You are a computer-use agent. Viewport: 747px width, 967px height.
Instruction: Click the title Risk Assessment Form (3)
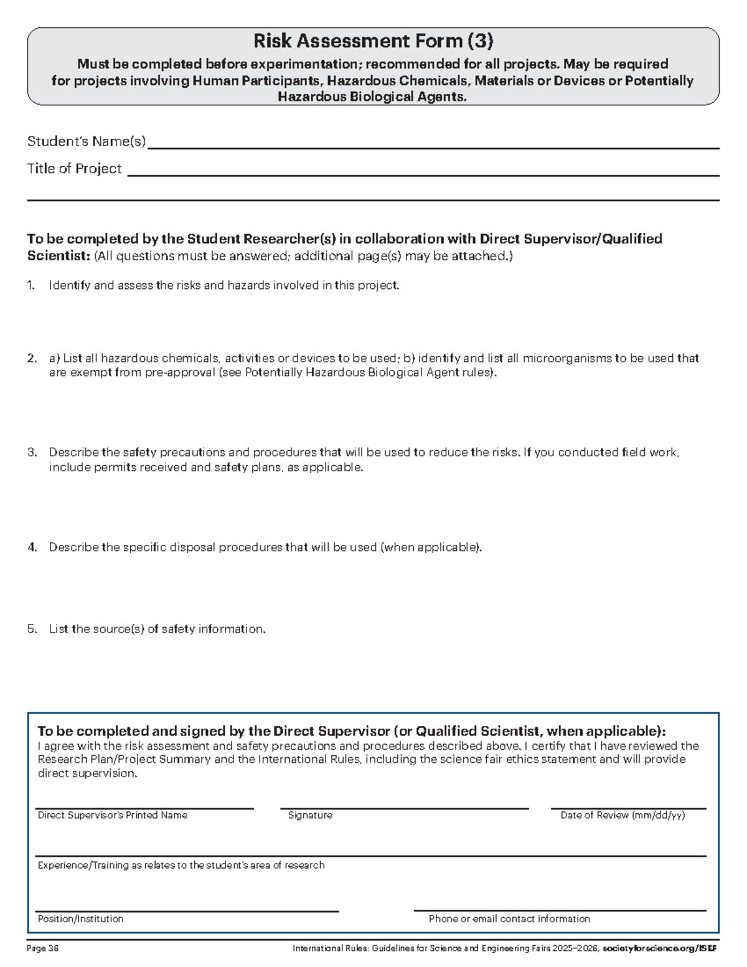(373, 41)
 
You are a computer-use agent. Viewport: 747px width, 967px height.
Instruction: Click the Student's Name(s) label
(86, 142)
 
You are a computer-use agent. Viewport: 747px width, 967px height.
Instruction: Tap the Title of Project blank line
(423, 174)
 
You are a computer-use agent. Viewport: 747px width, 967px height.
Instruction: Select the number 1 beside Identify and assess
(30, 286)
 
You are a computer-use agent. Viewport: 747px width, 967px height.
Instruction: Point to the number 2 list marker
(31, 359)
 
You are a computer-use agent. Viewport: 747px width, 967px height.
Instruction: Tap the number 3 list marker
(31, 453)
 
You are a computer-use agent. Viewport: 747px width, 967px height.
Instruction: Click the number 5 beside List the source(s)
(31, 630)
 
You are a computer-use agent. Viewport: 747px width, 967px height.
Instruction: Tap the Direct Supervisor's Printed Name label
(112, 816)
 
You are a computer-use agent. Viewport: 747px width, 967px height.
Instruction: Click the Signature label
(310, 816)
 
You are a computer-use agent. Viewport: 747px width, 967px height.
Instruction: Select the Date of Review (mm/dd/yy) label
(622, 816)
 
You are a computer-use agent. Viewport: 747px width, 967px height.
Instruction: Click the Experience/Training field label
(181, 866)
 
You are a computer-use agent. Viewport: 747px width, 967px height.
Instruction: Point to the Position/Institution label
(80, 919)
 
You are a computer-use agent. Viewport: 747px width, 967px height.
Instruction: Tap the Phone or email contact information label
(509, 919)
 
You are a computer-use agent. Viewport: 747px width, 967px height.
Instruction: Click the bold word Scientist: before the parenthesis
(59, 257)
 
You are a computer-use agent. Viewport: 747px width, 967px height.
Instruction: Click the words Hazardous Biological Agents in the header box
(372, 97)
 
